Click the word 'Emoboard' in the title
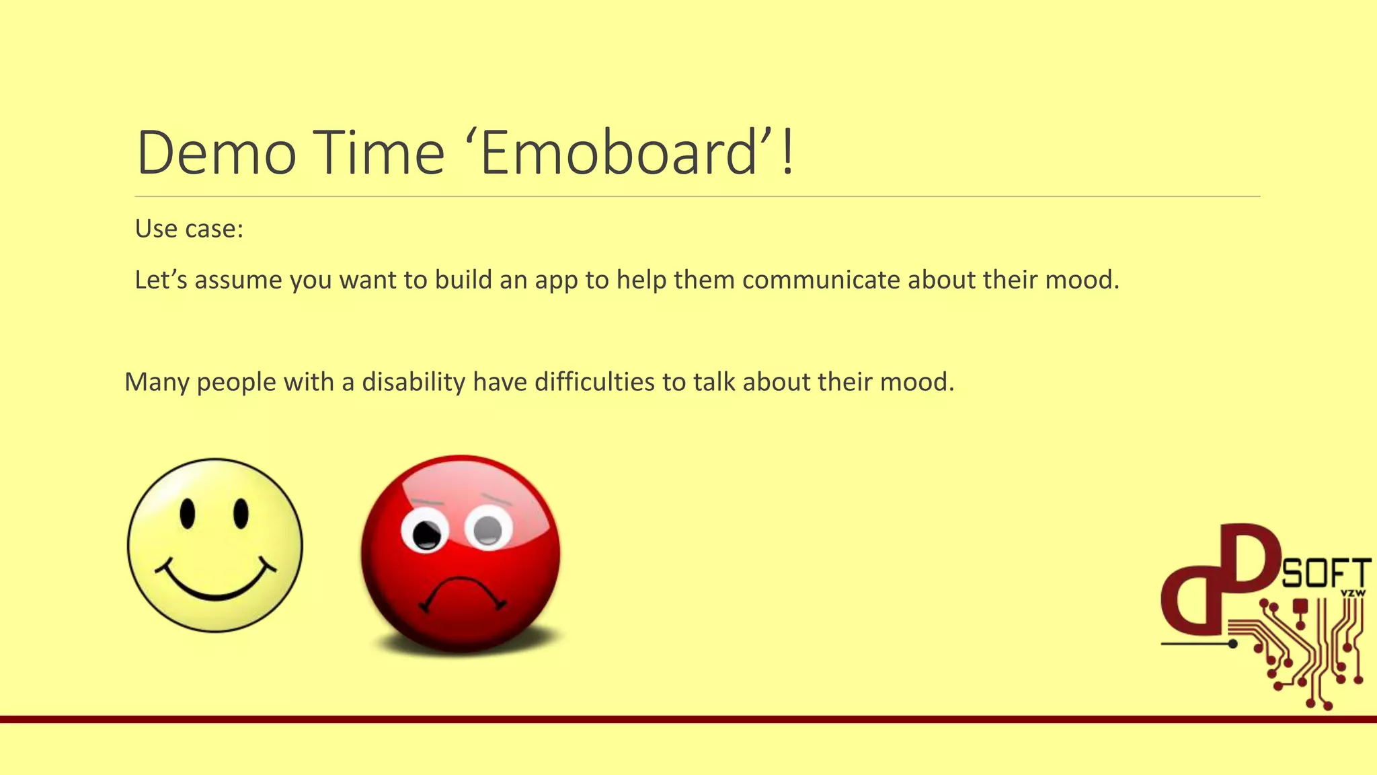click(x=619, y=153)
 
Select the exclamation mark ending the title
click(x=788, y=153)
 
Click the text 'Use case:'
click(x=189, y=229)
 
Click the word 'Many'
click(x=157, y=382)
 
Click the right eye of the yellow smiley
click(x=241, y=514)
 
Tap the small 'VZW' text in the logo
click(x=1353, y=593)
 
